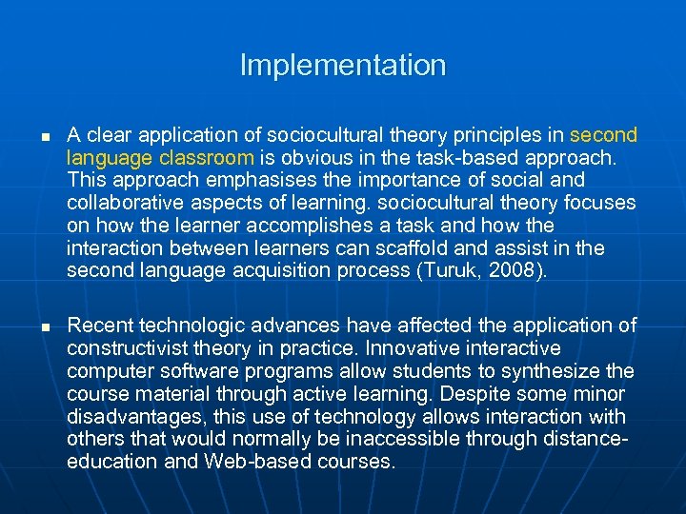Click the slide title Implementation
pyautogui.click(x=342, y=66)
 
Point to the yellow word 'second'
pyautogui.click(x=603, y=134)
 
